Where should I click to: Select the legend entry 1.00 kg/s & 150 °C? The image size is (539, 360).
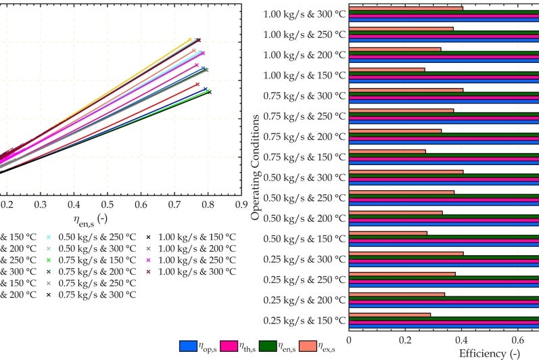pos(196,237)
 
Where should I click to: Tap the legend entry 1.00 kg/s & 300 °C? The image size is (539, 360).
pos(196,271)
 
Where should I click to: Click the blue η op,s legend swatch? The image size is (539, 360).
pos(187,346)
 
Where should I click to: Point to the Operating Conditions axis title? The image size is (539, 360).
pos(256,167)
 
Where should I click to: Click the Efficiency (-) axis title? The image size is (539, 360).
pos(489,353)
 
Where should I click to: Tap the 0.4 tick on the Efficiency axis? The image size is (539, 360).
pos(461,341)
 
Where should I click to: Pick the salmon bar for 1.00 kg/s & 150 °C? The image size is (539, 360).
pos(387,69)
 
